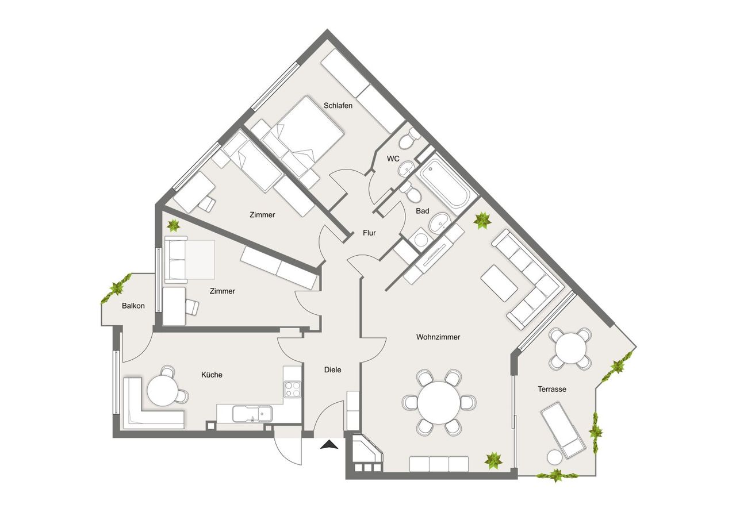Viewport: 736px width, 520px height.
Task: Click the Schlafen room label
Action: pyautogui.click(x=338, y=106)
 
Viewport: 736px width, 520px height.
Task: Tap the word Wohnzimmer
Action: pyautogui.click(x=438, y=337)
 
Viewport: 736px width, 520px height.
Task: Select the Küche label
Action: pyautogui.click(x=212, y=375)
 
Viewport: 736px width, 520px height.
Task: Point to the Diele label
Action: pyautogui.click(x=332, y=369)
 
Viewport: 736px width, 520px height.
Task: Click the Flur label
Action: pyautogui.click(x=369, y=233)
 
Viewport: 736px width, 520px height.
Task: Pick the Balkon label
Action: pyautogui.click(x=133, y=306)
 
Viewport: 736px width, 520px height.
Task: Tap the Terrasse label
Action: pyautogui.click(x=552, y=390)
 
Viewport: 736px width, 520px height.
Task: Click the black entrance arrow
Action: pyautogui.click(x=329, y=445)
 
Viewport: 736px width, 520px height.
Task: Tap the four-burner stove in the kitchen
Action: pyautogui.click(x=292, y=390)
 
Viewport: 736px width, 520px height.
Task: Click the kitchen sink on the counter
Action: pyautogui.click(x=252, y=414)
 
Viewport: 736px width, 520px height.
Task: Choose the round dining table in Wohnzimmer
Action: pyautogui.click(x=439, y=402)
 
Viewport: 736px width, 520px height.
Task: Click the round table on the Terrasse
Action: pyautogui.click(x=570, y=349)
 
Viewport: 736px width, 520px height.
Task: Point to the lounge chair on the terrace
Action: pyautogui.click(x=563, y=430)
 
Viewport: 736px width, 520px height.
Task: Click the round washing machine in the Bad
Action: pyautogui.click(x=421, y=240)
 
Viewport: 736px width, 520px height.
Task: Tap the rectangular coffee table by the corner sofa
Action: pyautogui.click(x=500, y=283)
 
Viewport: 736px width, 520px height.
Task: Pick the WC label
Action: pyautogui.click(x=393, y=159)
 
